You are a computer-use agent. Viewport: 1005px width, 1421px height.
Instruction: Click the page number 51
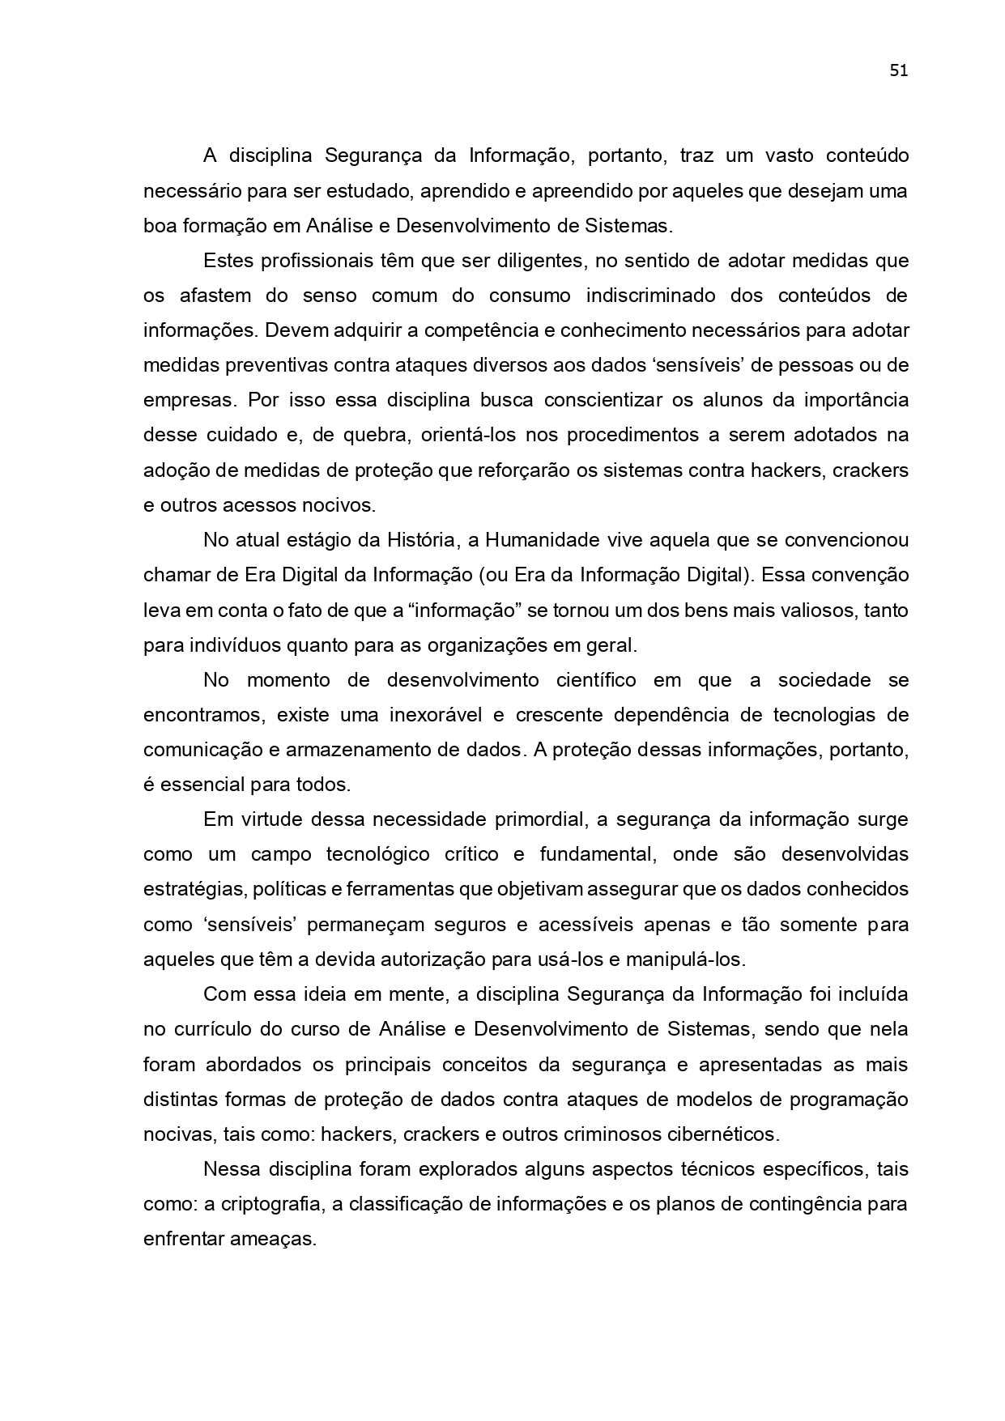point(898,70)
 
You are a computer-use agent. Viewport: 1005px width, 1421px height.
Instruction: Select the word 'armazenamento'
point(359,750)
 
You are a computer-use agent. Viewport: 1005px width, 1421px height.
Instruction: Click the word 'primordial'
point(539,819)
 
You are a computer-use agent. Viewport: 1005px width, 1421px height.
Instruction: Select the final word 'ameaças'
point(276,1239)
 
